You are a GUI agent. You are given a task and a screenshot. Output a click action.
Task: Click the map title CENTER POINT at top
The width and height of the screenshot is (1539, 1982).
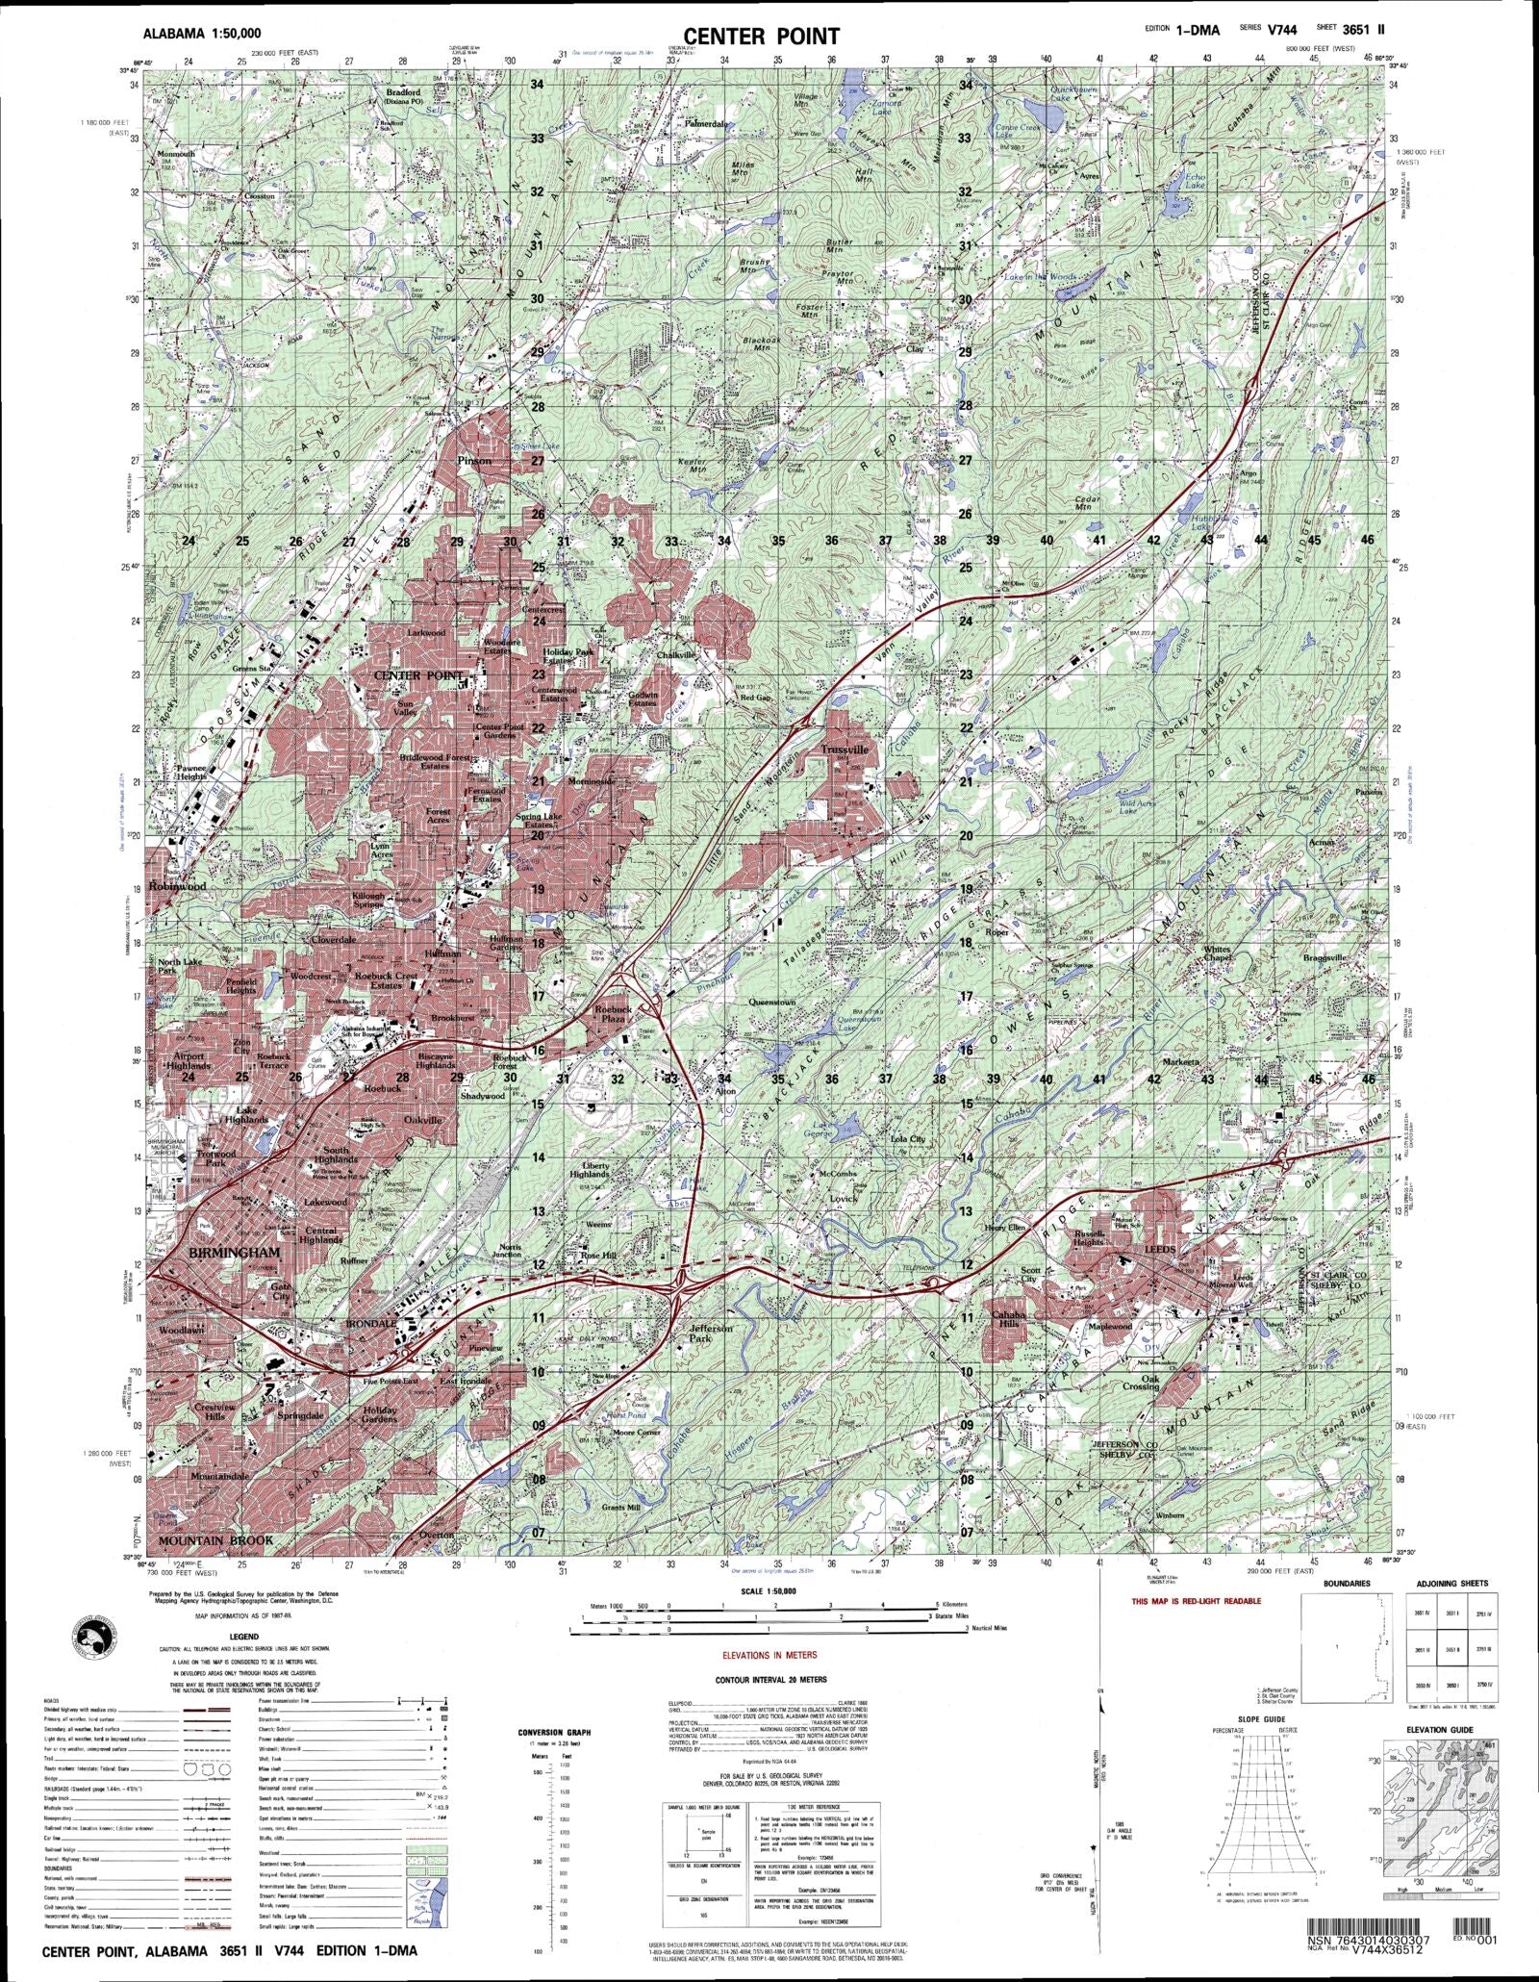coord(762,36)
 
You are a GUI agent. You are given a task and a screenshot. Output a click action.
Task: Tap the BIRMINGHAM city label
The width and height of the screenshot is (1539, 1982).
coord(235,1253)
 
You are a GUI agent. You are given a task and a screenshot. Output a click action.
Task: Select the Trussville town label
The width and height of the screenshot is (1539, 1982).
coord(845,750)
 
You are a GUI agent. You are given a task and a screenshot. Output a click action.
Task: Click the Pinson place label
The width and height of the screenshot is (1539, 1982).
coord(474,461)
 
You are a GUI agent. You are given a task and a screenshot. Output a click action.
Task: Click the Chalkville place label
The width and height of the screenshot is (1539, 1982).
coord(676,654)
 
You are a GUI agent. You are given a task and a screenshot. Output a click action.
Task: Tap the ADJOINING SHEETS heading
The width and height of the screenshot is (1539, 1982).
coord(1451,1583)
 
